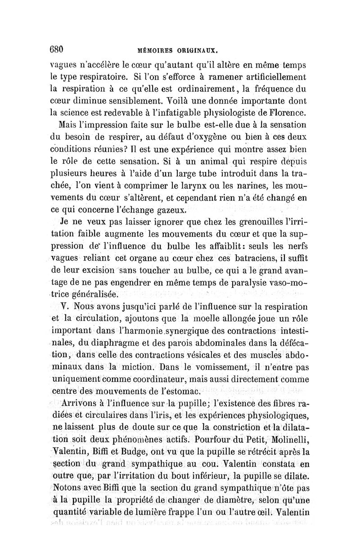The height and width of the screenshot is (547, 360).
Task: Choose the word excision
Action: [102, 271]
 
